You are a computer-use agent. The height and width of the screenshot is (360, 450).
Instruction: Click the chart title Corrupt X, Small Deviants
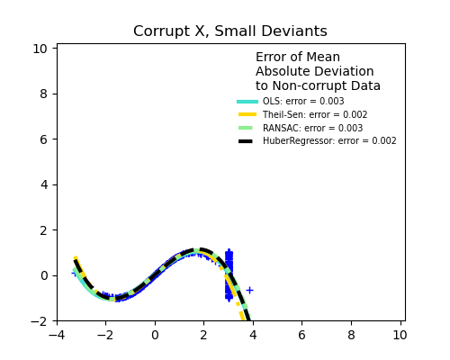pyautogui.click(x=230, y=31)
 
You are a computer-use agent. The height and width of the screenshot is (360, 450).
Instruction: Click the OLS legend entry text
pyautogui.click(x=303, y=102)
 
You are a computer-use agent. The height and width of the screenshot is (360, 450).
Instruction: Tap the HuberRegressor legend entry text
pyautogui.click(x=329, y=141)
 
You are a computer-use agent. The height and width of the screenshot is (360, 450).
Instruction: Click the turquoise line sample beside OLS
pyautogui.click(x=247, y=102)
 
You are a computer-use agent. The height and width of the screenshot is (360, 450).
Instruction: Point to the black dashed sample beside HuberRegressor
pyautogui.click(x=247, y=141)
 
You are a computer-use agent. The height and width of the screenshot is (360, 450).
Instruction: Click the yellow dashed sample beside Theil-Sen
pyautogui.click(x=247, y=115)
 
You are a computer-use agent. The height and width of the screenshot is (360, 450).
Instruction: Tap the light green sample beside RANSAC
pyautogui.click(x=247, y=128)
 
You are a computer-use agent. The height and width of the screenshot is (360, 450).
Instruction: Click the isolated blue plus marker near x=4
pyautogui.click(x=249, y=290)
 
